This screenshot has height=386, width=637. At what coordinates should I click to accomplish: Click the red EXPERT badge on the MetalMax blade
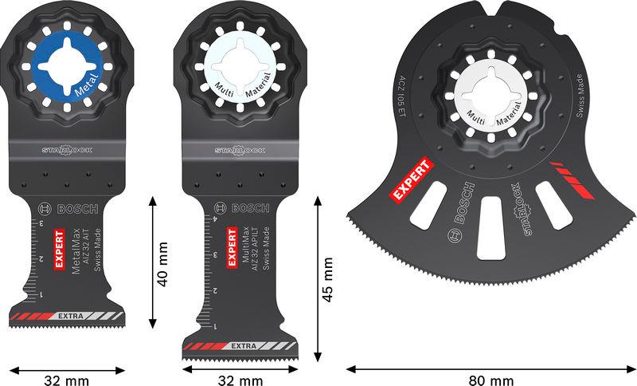point(58,250)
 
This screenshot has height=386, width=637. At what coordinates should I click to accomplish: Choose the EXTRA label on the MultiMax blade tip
point(242,346)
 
